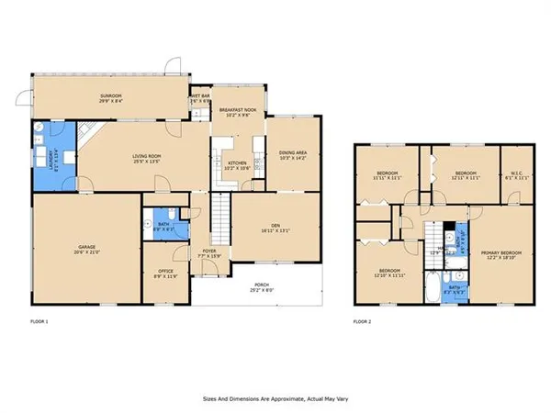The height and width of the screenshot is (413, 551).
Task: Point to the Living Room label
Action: coord(148,159)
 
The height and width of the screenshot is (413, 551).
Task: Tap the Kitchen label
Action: coord(237,166)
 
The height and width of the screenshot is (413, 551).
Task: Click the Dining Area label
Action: coord(281,157)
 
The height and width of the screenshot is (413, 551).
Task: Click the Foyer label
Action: coord(209,251)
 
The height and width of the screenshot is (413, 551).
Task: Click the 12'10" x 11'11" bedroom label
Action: coord(388,273)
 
